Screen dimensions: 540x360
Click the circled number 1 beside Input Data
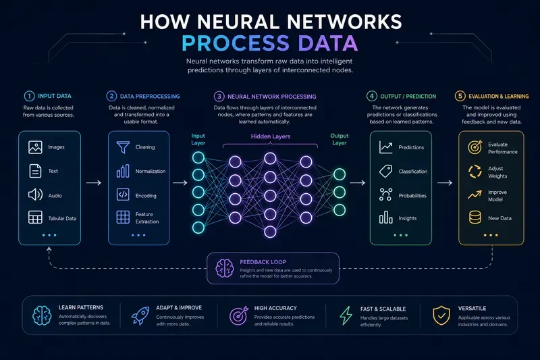point(29,96)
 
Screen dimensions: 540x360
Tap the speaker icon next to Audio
point(35,195)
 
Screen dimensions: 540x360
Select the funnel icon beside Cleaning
point(123,147)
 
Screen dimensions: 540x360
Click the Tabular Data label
point(62,218)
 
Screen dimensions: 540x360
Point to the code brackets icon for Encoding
point(123,195)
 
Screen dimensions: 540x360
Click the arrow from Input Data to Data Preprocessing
point(94,183)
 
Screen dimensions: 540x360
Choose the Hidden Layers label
point(271,136)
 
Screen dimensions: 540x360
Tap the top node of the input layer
point(198,158)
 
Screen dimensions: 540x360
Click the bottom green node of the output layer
point(340,210)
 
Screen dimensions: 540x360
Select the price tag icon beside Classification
point(385,171)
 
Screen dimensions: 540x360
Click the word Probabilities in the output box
point(412,196)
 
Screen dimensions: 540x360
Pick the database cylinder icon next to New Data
point(475,217)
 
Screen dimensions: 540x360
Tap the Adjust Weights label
point(497,172)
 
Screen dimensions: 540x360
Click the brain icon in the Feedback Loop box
point(225,268)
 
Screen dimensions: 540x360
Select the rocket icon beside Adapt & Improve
point(140,315)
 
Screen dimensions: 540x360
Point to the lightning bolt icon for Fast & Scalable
point(346,315)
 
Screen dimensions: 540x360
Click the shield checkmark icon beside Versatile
point(441,315)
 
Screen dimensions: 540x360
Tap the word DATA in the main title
point(328,43)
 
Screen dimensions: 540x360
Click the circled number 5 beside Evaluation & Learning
point(460,96)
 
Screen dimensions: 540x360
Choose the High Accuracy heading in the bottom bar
point(275,308)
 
